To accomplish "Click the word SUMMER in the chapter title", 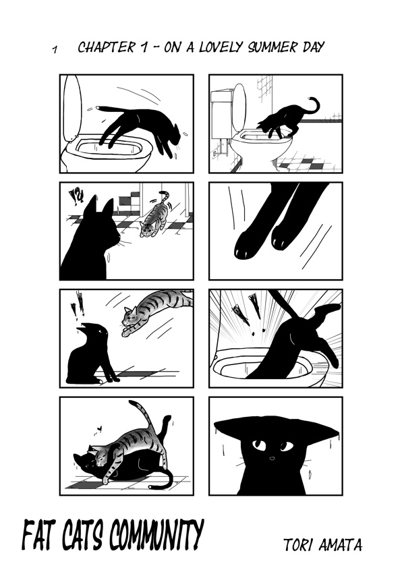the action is click(x=272, y=47).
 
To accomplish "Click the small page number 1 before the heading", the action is click(x=55, y=49).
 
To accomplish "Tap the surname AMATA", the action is click(x=341, y=544).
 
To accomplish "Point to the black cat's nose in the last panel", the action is click(x=272, y=459).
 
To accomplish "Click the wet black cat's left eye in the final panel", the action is click(x=258, y=445).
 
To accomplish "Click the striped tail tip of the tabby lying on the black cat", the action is click(x=132, y=403).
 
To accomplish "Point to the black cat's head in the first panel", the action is click(x=173, y=137).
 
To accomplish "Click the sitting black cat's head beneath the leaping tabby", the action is click(x=95, y=331).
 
